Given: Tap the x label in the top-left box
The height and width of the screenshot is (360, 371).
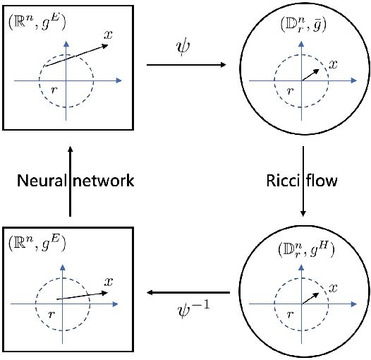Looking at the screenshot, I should [x=107, y=36].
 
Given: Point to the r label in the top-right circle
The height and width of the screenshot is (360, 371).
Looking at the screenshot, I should [x=288, y=91].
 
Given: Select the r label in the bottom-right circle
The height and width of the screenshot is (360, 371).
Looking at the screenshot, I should [x=288, y=314].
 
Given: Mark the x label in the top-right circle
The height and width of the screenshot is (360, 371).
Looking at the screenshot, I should [x=333, y=64].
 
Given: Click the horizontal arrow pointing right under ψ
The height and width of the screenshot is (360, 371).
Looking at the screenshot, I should [x=186, y=66].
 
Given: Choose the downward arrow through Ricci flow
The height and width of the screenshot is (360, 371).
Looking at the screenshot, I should [x=303, y=181].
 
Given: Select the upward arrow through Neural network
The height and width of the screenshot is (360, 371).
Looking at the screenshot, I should [x=69, y=181].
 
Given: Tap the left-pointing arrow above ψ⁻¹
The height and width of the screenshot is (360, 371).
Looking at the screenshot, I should [x=186, y=292].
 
